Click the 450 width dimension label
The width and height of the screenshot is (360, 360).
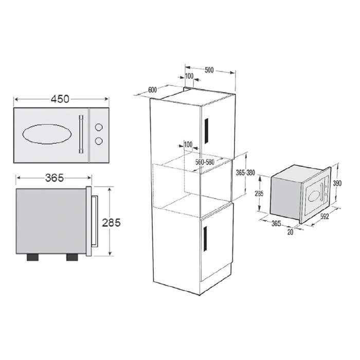[60, 99]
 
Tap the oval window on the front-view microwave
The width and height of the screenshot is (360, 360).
[47, 134]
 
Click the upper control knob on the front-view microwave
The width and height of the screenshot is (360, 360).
[99, 127]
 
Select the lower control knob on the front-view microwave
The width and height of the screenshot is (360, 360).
[99, 141]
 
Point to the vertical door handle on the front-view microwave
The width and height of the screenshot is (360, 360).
[81, 134]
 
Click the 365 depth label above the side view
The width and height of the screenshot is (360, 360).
[55, 178]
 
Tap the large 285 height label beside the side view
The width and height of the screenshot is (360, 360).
[112, 223]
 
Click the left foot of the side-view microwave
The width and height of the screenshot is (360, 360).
[32, 257]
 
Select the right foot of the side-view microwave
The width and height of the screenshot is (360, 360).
[72, 257]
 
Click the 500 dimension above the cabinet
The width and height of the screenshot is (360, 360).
[209, 70]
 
